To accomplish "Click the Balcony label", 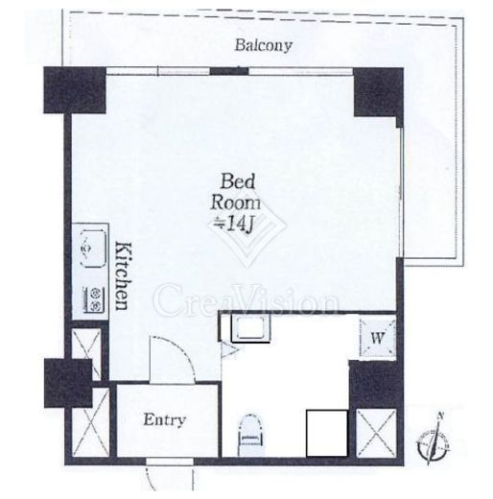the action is [264, 45].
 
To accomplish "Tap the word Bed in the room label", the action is [237, 181].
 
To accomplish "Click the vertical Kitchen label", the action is [123, 276].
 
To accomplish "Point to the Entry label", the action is [164, 420].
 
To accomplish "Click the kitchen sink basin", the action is [93, 249].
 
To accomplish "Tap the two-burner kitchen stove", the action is [94, 299].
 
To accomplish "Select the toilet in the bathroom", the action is [252, 435].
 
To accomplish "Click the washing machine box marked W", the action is [378, 338].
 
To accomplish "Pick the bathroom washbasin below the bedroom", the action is [250, 328].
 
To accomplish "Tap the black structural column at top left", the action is [75, 90].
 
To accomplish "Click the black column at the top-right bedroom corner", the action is [378, 93].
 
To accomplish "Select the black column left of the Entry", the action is [68, 383].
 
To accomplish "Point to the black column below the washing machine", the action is [374, 384].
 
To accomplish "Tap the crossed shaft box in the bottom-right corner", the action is [376, 433].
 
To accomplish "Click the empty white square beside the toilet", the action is [327, 434].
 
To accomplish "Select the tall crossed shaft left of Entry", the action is [91, 422].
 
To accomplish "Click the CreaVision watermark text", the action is [246, 300].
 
